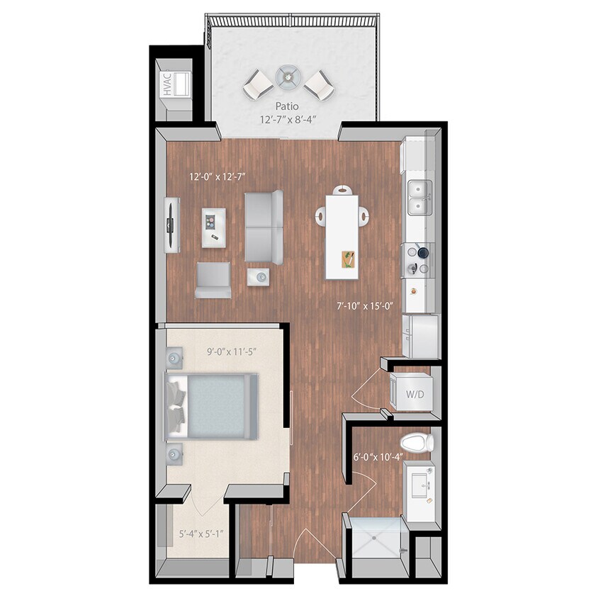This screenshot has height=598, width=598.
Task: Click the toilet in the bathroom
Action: coord(417,444)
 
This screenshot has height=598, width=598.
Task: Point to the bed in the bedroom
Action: coord(211,407)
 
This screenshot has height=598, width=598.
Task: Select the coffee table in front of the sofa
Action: coord(214,227)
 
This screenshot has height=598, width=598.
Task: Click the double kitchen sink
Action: coord(419,198)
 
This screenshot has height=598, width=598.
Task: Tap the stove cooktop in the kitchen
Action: coord(418,259)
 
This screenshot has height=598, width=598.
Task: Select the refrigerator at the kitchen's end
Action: coord(421,336)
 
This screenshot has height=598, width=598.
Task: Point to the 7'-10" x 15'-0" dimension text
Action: coord(364,306)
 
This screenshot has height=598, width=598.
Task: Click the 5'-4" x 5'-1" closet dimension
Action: coord(198,534)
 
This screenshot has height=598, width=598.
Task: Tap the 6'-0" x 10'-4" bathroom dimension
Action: coord(378,457)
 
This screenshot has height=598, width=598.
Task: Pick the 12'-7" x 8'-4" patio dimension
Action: coord(287,119)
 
